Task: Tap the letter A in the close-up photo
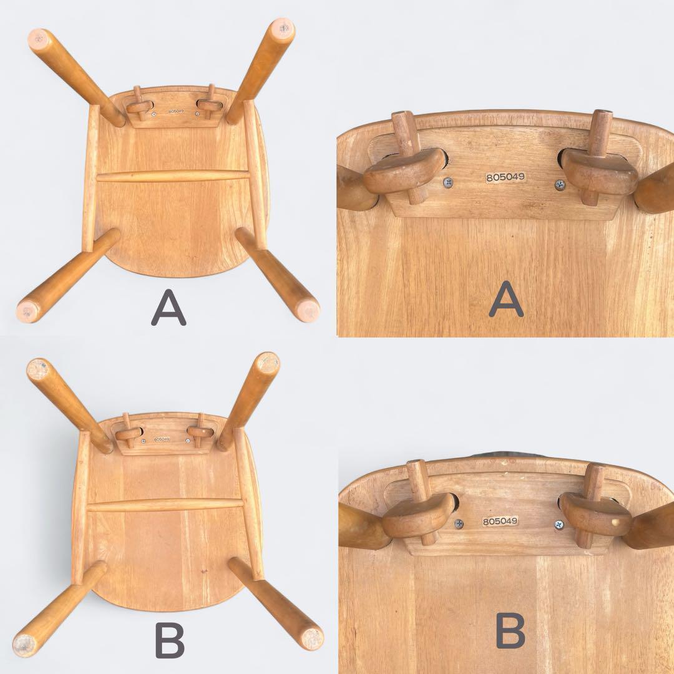click(x=506, y=299)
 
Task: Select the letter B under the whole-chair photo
click(x=169, y=640)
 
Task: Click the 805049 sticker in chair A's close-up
click(x=506, y=177)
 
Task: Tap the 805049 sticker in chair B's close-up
click(x=500, y=521)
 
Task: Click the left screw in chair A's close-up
click(x=448, y=182)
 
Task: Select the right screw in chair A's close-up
click(x=559, y=184)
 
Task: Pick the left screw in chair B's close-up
click(x=459, y=524)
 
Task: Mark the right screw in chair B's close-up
click(x=559, y=525)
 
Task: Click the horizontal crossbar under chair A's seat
click(x=173, y=176)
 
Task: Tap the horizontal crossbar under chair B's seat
click(x=165, y=504)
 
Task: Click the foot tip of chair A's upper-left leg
click(x=39, y=37)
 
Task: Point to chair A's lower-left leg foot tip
click(x=28, y=310)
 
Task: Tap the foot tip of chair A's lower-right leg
click(x=307, y=310)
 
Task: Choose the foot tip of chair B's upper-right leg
click(x=268, y=362)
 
